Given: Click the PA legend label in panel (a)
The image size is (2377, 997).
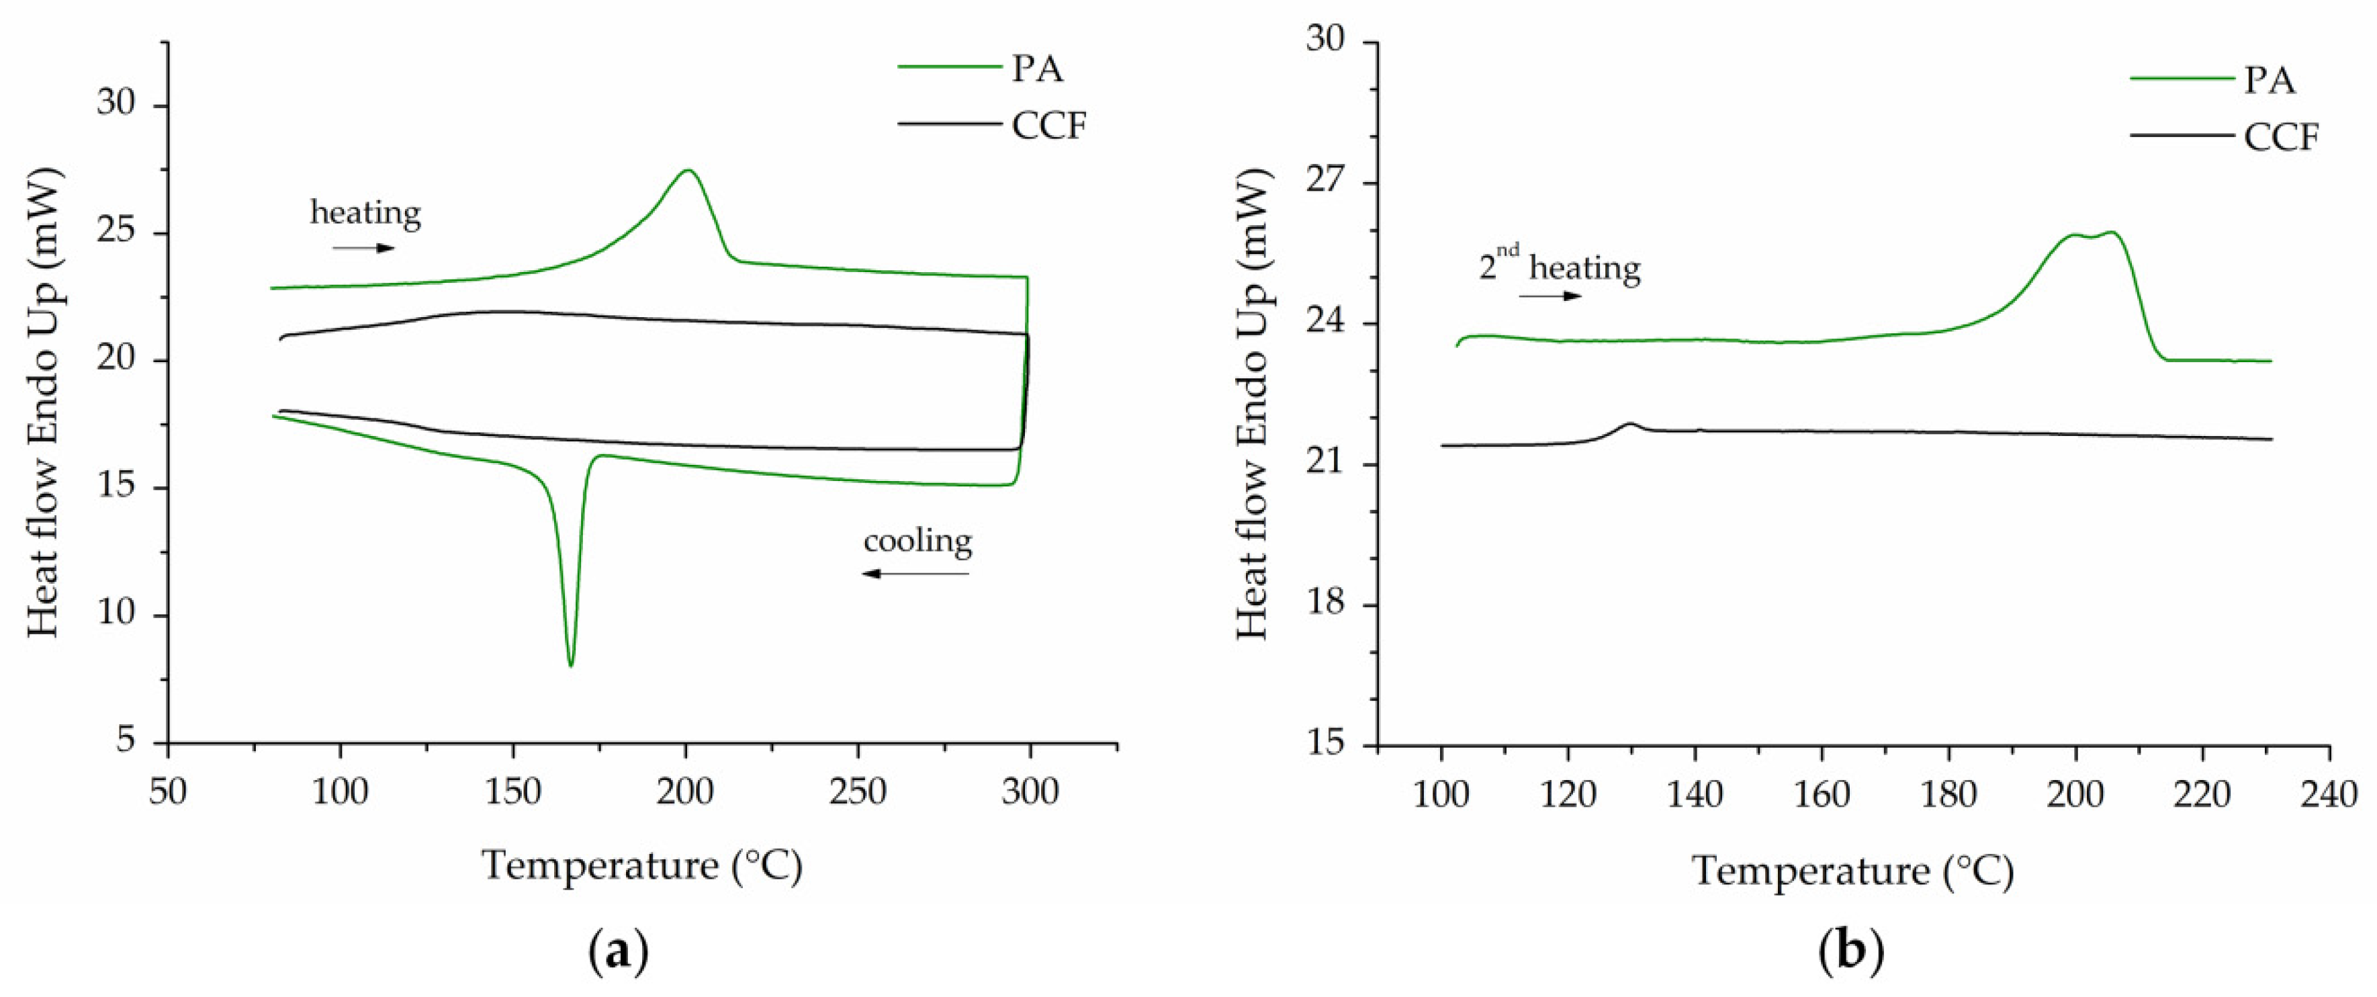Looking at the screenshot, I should (1036, 69).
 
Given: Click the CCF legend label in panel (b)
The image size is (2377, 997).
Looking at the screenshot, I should (2281, 138).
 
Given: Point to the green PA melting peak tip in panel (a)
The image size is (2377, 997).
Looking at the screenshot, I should (688, 171).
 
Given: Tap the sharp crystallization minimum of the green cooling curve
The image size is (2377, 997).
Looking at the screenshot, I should (570, 664).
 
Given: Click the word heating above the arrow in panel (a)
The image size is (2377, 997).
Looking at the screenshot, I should (365, 213).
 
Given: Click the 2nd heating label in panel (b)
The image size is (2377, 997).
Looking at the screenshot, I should (1560, 267).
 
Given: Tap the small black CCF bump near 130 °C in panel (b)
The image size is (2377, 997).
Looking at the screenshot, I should (1629, 425).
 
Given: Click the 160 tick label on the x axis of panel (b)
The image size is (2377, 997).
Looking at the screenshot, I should (1822, 794).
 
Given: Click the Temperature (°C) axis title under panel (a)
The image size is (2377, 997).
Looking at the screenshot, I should (642, 866).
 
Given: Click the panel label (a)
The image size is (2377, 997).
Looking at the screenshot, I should (617, 951).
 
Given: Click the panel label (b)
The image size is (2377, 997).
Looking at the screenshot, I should (1851, 951).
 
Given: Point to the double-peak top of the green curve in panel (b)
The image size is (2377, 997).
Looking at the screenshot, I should (2091, 235).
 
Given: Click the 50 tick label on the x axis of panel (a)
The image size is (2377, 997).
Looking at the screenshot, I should (167, 792).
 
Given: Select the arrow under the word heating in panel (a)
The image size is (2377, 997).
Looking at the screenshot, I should (363, 249).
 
